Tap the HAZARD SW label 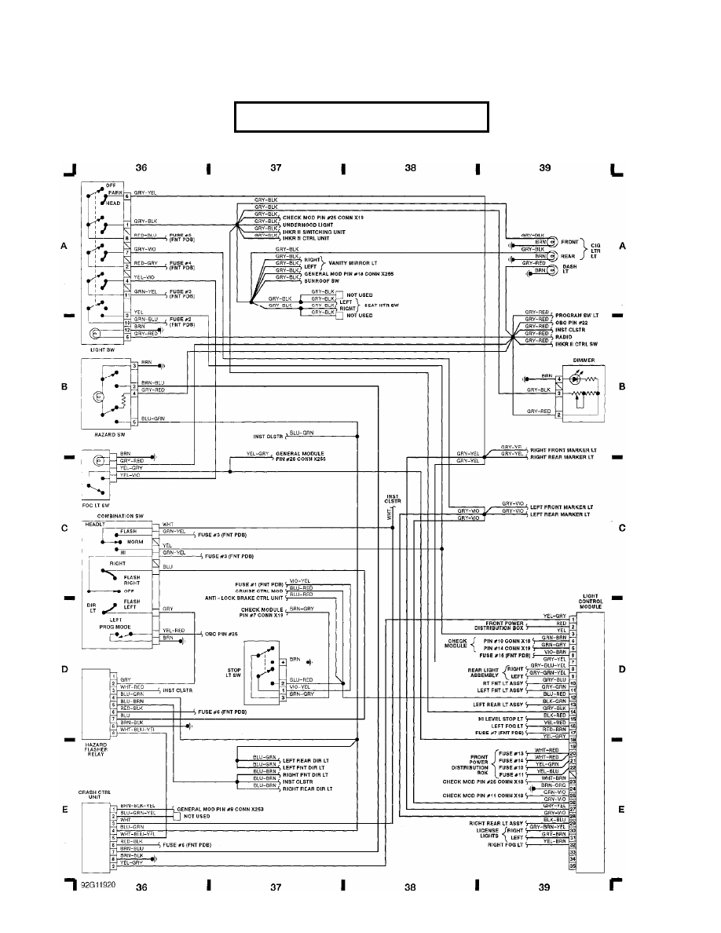(x=99, y=434)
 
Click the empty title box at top (x=361, y=117)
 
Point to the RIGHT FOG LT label (x=507, y=844)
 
